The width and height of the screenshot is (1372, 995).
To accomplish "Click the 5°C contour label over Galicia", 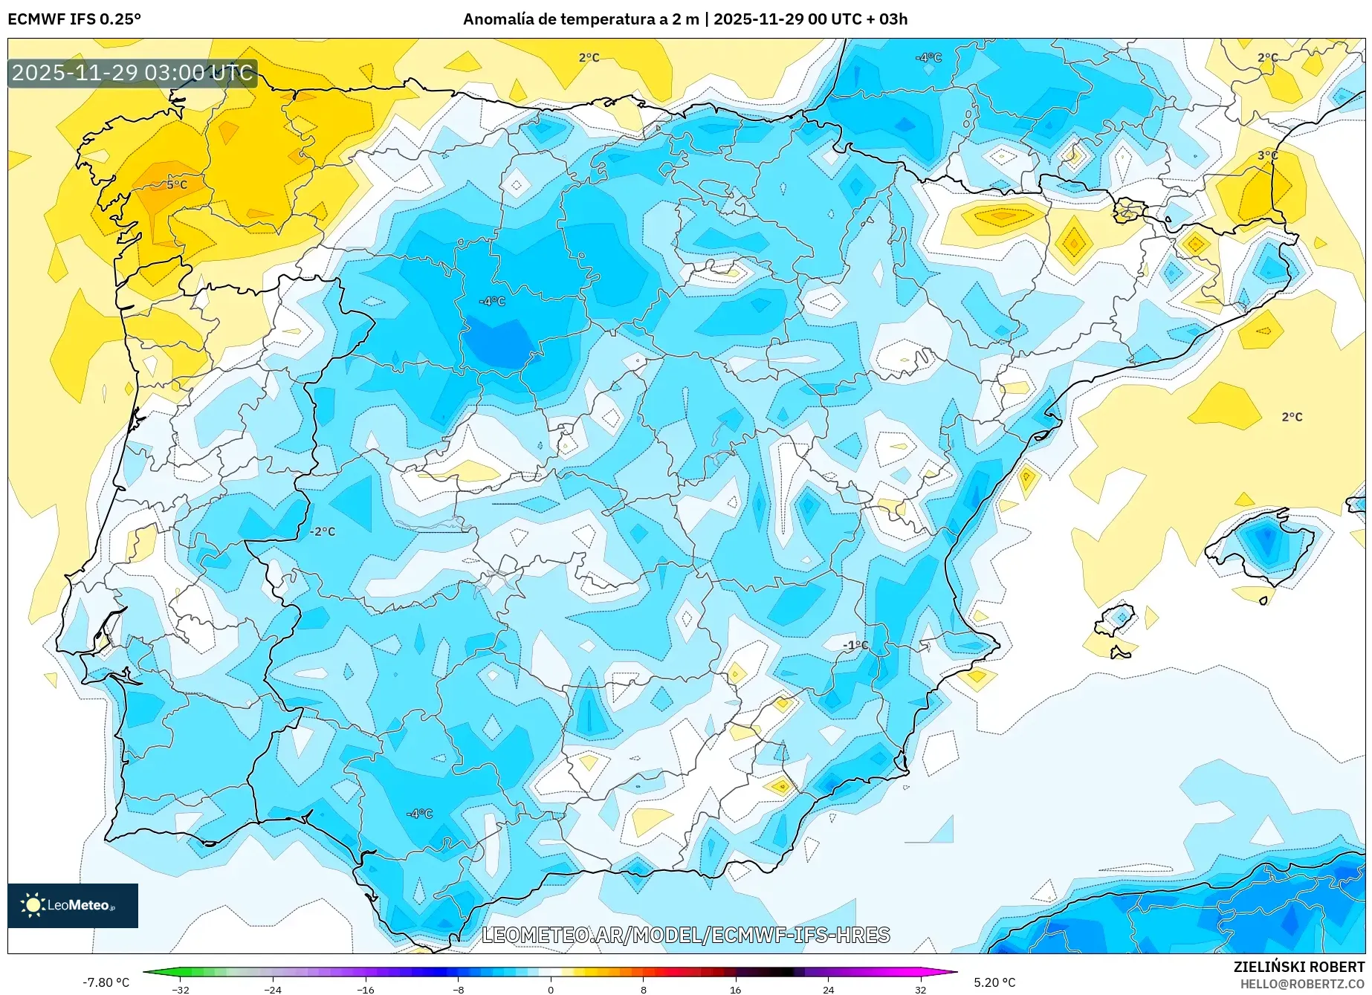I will click(176, 184).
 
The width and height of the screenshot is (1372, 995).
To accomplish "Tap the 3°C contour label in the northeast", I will click(1267, 155).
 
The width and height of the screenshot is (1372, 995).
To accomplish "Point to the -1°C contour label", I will click(855, 645).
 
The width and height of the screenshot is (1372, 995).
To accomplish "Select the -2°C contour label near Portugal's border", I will click(323, 531).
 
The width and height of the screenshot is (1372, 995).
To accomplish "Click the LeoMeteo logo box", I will click(73, 905).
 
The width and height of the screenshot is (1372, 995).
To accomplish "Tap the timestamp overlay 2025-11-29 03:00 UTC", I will click(132, 73).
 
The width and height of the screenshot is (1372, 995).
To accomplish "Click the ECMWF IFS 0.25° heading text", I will click(74, 19).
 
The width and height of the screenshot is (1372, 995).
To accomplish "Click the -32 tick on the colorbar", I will click(181, 989).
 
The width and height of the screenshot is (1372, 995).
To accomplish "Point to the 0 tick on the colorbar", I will click(551, 989).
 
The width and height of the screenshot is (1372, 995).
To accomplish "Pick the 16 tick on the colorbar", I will click(735, 989).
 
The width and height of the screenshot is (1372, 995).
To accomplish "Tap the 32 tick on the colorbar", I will click(920, 989).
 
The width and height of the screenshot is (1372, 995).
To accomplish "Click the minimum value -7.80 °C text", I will click(106, 982).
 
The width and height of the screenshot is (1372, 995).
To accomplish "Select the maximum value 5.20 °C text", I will click(994, 982).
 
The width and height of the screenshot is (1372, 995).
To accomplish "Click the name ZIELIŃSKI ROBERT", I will click(1298, 967).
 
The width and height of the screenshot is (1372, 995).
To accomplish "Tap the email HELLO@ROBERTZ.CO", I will click(1301, 984).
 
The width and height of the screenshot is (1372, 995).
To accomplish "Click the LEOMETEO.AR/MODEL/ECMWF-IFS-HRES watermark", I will click(685, 935).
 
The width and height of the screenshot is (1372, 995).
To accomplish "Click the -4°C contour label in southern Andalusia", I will click(419, 814).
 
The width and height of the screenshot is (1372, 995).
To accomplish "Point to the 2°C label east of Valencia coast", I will click(1292, 417).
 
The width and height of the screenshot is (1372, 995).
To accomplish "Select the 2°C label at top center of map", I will click(589, 57).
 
